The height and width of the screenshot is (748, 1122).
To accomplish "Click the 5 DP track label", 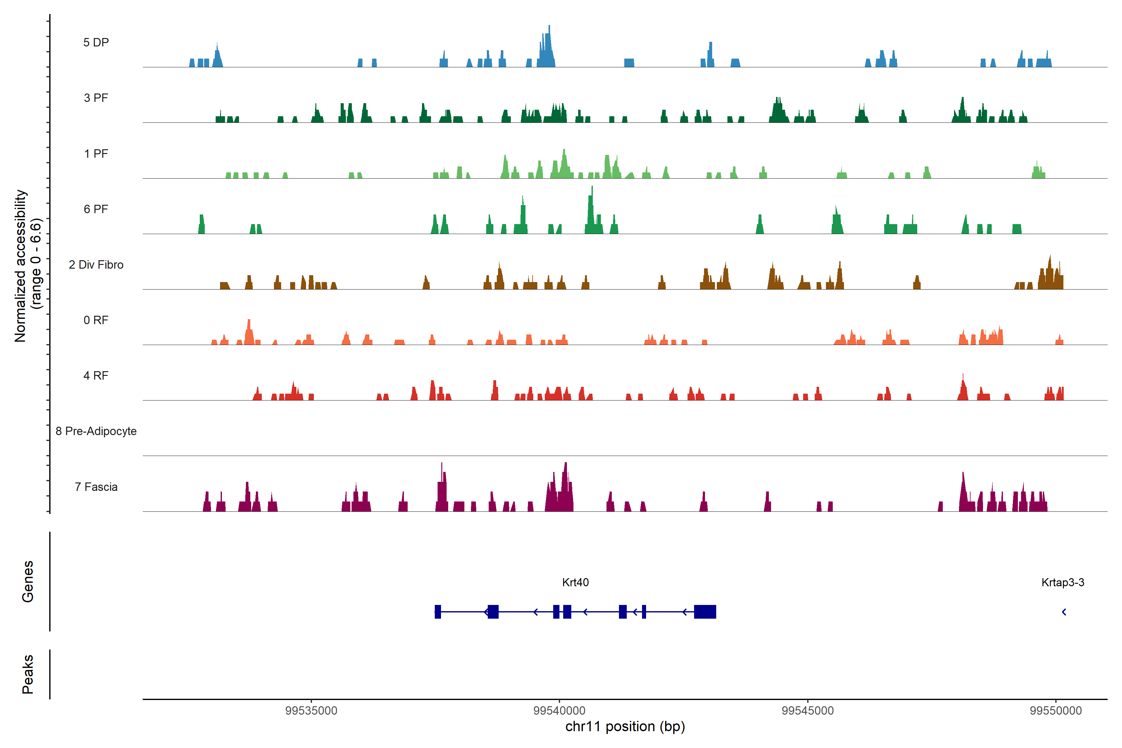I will [96, 42].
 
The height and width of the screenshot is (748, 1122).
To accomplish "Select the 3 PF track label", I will [96, 98].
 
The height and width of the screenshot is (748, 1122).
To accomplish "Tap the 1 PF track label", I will [96, 154].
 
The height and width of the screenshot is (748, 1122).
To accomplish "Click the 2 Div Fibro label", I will [96, 265].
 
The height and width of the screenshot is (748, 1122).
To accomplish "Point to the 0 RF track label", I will [96, 320].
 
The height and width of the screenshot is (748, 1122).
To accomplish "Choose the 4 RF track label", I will [96, 376].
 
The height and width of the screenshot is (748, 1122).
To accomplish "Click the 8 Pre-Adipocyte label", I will [96, 431].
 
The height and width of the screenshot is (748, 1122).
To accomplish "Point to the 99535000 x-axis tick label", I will [311, 710].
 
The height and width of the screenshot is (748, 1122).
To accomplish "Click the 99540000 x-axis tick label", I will [559, 710].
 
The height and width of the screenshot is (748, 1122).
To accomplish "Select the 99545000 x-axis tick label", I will [808, 710].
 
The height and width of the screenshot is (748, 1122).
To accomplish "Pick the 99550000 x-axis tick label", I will [1056, 710].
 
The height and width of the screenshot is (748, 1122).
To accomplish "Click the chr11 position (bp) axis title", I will [625, 726].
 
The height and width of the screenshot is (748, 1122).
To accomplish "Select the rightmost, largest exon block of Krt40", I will [705, 611].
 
